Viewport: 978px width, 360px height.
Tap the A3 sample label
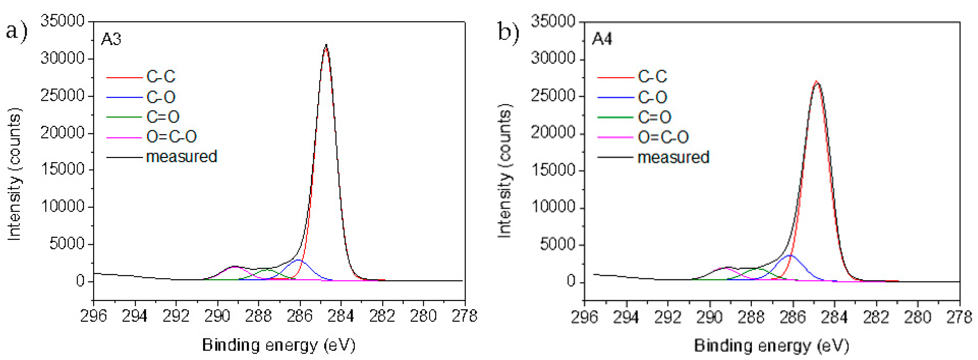pyautogui.click(x=111, y=39)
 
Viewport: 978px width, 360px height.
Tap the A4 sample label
pyautogui.click(x=602, y=39)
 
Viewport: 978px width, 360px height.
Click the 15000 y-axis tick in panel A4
pyautogui.click(x=553, y=170)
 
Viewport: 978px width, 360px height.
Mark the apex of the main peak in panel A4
pyautogui.click(x=816, y=82)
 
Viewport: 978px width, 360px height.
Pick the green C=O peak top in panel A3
pyautogui.click(x=267, y=270)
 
